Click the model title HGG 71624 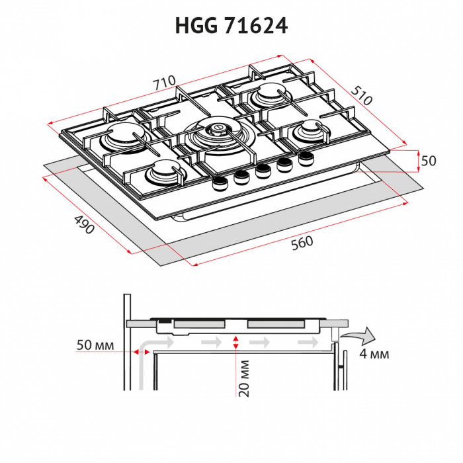click(231, 26)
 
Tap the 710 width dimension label click(164, 84)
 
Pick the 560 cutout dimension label click(302, 243)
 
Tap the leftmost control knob click(219, 185)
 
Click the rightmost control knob click(306, 158)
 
